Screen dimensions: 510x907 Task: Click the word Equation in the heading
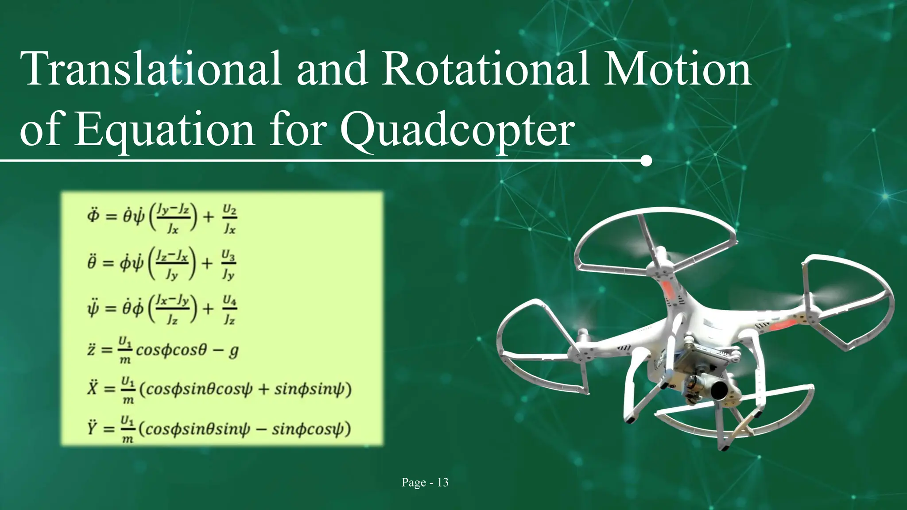click(164, 130)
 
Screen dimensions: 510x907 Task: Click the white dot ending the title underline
click(646, 161)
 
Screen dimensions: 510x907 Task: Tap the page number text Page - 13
click(425, 483)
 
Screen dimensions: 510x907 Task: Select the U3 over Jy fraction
click(228, 264)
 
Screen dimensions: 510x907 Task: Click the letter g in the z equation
click(233, 351)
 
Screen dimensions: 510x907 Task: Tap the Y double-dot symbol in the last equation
click(92, 428)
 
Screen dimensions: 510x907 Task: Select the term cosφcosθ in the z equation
click(171, 350)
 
